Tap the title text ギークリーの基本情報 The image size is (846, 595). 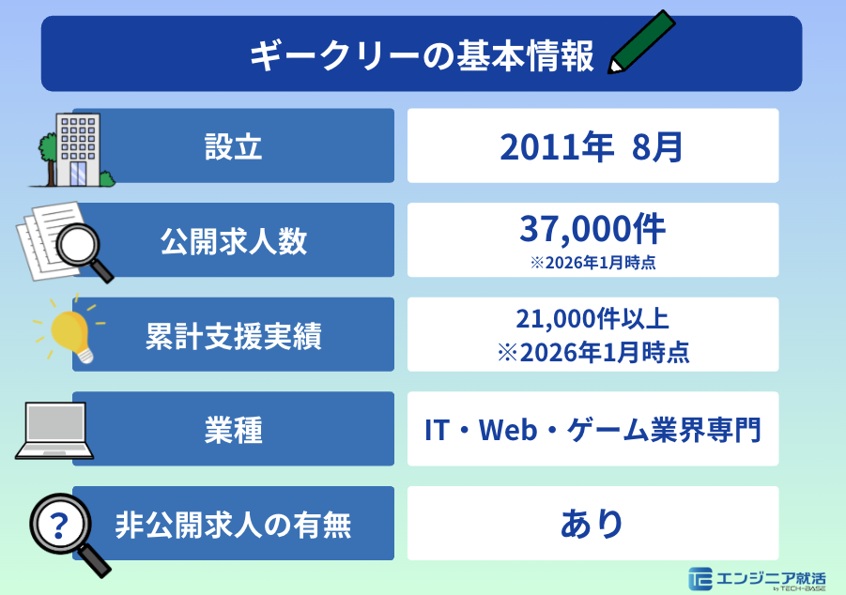(422, 54)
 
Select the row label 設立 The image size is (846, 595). (233, 146)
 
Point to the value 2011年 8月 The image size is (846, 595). (592, 146)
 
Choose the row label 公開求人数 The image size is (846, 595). (233, 241)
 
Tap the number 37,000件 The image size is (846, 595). (592, 228)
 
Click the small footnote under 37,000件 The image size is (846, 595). (592, 263)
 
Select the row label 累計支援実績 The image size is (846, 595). (233, 336)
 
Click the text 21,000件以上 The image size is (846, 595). (592, 318)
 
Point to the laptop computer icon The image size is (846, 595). (54, 431)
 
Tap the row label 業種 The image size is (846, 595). (233, 431)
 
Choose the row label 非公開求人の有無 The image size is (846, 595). (233, 525)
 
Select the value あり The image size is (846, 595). (592, 524)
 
